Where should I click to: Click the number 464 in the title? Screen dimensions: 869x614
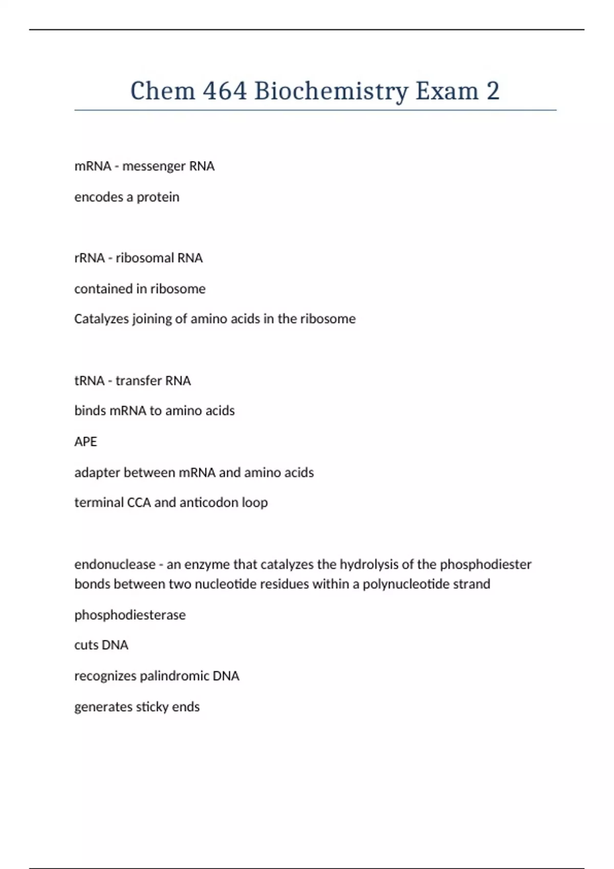pos(225,91)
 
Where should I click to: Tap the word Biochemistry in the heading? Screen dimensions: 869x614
pos(331,92)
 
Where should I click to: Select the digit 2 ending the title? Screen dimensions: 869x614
pos(493,91)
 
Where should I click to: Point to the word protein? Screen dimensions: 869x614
pos(158,197)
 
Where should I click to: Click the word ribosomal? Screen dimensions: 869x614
pos(138,258)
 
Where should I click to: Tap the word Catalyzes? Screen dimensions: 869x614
pos(101,319)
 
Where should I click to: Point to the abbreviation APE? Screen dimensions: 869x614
pos(85,442)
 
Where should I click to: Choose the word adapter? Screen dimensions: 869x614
pos(97,473)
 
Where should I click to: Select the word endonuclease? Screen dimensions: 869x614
pos(115,564)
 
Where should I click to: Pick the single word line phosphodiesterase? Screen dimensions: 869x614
pos(130,615)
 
